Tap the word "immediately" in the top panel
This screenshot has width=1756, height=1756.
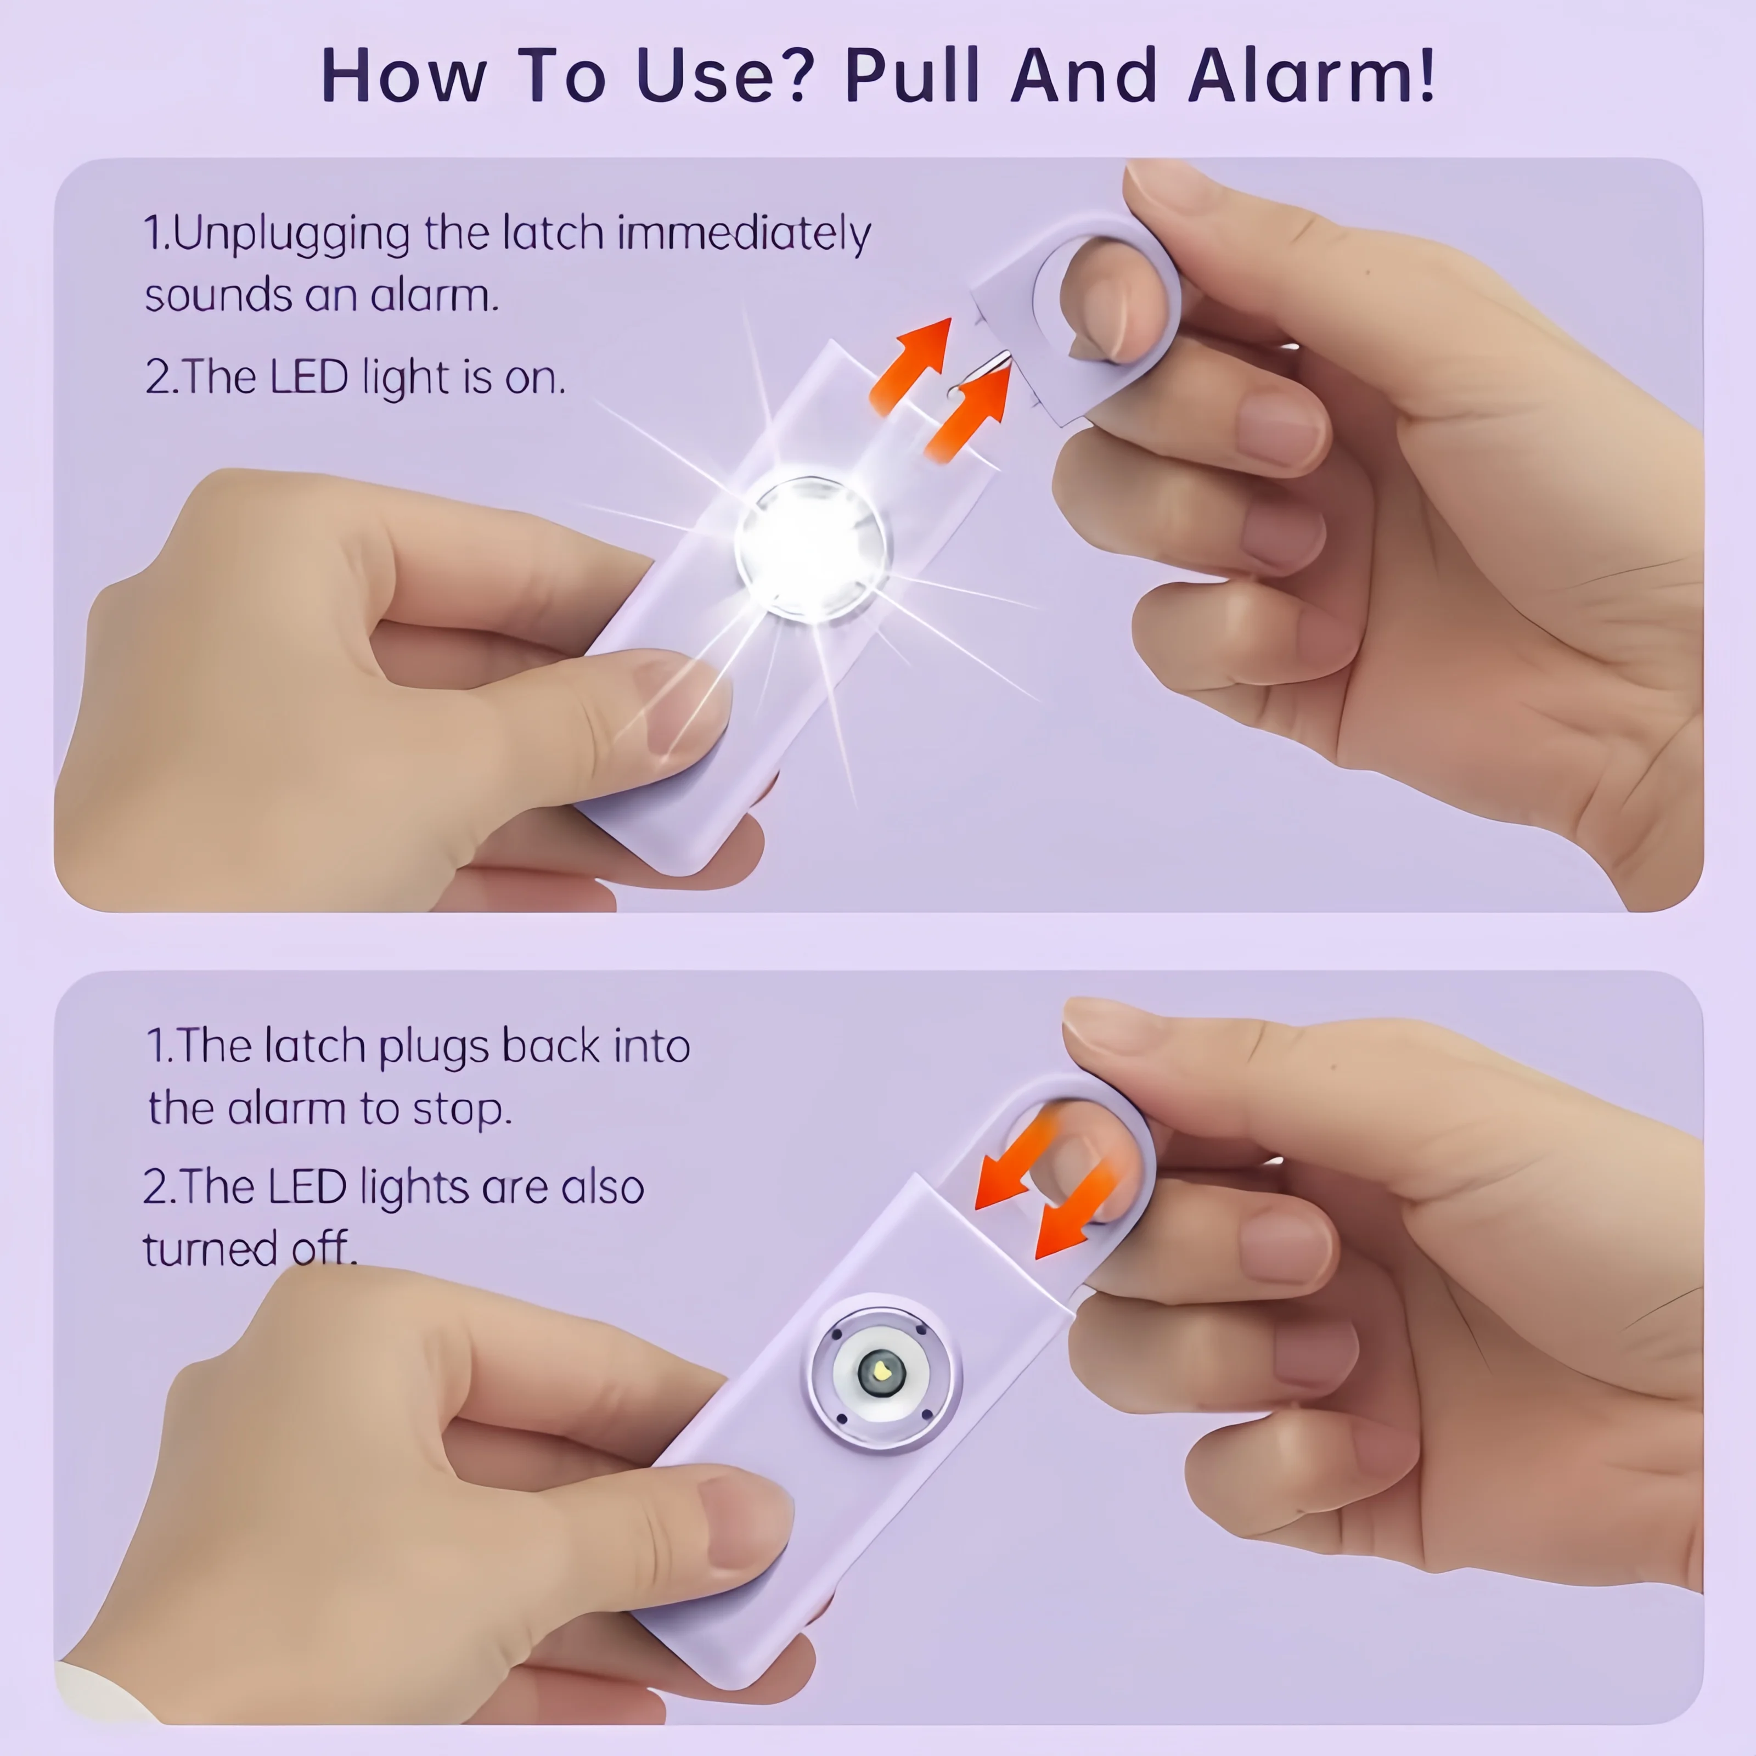tap(744, 234)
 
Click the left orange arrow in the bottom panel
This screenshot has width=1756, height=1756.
tap(1015, 1162)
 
